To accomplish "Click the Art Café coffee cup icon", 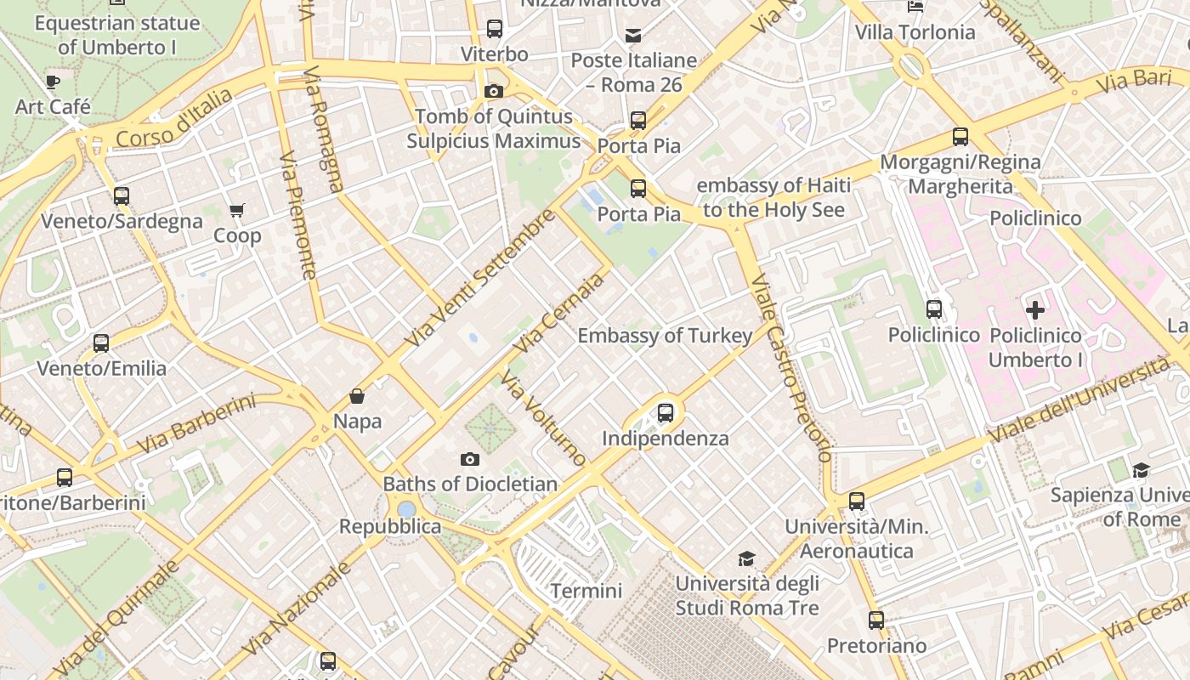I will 53,82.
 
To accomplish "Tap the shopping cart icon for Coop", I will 236,210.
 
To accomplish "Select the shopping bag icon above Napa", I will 357,396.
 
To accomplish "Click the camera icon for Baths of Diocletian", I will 469,460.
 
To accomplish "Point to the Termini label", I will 586,591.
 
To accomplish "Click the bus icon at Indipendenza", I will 666,413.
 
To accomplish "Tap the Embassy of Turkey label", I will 665,336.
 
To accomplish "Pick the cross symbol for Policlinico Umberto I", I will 1034,310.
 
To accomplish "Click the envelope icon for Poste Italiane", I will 633,36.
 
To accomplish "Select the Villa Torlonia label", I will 915,33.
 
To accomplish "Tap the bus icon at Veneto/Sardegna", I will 122,196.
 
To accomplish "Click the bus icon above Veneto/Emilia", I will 101,343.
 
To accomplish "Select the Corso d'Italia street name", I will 173,119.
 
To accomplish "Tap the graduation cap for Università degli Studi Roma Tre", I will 746,558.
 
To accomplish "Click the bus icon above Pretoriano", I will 876,620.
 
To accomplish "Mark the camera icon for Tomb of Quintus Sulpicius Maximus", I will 493,91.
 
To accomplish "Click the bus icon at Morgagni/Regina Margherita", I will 960,137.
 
